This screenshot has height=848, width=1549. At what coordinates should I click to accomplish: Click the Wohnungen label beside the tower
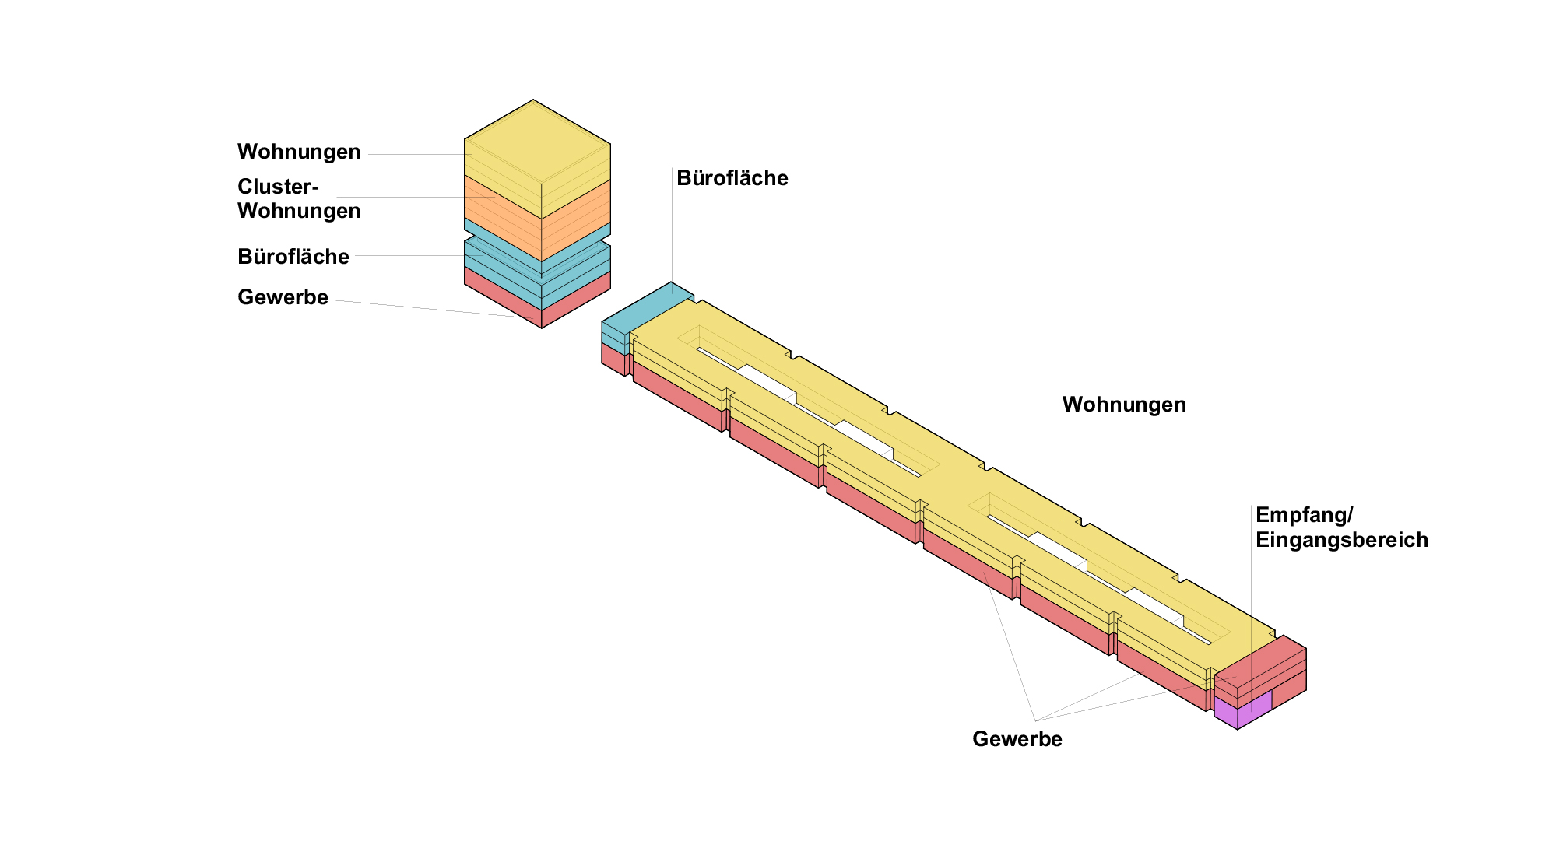click(x=299, y=152)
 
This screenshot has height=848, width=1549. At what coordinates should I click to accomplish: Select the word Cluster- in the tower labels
click(x=278, y=187)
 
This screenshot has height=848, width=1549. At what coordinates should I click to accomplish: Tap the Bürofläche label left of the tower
click(x=293, y=257)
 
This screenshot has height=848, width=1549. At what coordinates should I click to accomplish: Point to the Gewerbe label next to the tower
click(x=283, y=297)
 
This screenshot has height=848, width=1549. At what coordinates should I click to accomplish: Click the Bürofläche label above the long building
click(x=732, y=178)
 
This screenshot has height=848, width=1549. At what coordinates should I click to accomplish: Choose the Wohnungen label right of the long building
click(x=1124, y=405)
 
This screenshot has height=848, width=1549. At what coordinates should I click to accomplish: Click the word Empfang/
click(x=1304, y=515)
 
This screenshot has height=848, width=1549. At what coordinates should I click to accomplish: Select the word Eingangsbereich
click(x=1341, y=540)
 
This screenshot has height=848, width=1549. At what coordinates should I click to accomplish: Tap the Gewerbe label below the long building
click(x=1017, y=739)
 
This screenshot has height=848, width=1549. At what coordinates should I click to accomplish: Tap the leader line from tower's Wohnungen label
click(x=416, y=154)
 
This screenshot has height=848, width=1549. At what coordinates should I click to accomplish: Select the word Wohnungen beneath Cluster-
click(x=299, y=211)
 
